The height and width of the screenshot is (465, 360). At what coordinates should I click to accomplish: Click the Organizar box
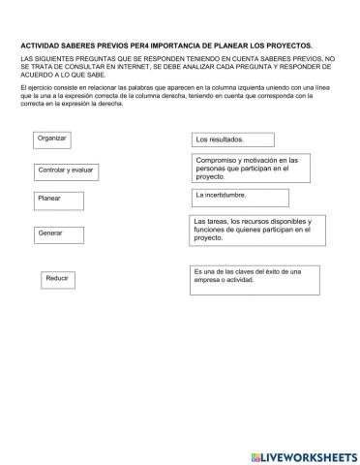point(52,139)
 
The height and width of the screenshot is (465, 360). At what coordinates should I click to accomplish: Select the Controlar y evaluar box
point(72,170)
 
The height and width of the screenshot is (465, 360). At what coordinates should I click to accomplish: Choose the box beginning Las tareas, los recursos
point(256,229)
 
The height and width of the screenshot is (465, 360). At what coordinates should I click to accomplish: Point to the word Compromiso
point(218,159)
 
